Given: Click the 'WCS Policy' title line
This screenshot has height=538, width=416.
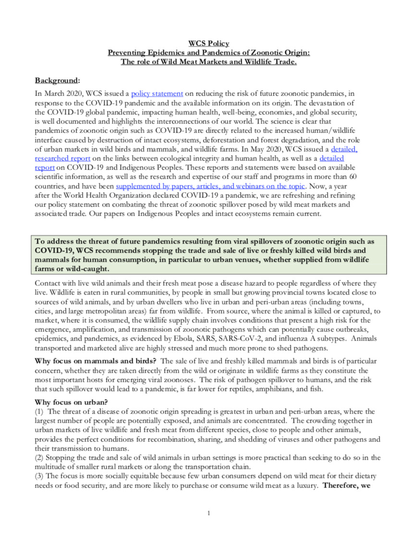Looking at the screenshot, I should (208, 44).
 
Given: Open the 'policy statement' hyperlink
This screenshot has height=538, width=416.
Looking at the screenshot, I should (157, 93).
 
